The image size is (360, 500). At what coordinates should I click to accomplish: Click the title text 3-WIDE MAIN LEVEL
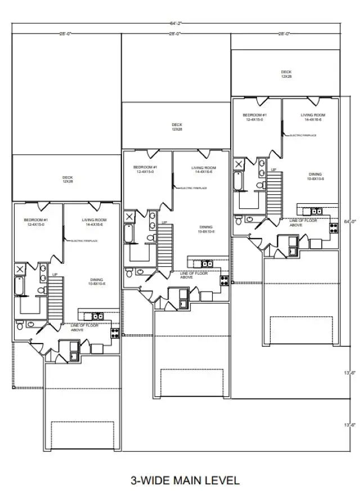pyautogui.click(x=185, y=480)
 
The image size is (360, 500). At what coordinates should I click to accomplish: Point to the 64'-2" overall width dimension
pyautogui.click(x=175, y=23)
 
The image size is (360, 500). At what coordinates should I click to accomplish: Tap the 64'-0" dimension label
pyautogui.click(x=350, y=222)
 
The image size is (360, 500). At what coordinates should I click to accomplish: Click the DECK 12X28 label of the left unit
pyautogui.click(x=67, y=179)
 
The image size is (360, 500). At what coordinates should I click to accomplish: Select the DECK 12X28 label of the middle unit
pyautogui.click(x=177, y=127)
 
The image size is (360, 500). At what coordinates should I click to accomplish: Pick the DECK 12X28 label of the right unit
pyautogui.click(x=286, y=74)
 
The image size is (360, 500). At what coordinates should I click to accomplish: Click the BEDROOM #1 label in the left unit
pyautogui.click(x=35, y=222)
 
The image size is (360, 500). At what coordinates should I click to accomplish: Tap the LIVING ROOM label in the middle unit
pyautogui.click(x=204, y=169)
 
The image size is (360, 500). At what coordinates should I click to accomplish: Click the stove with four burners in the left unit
pyautogui.click(x=115, y=332)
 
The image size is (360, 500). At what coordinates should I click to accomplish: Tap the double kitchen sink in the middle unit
pyautogui.click(x=207, y=264)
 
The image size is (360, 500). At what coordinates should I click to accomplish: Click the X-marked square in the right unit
pyautogui.click(x=240, y=164)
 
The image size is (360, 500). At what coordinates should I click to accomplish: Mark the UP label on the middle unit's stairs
pyautogui.click(x=165, y=222)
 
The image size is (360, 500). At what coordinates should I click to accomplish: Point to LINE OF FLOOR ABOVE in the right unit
pyautogui.click(x=303, y=223)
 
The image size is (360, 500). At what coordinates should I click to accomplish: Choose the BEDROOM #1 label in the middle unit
pyautogui.click(x=145, y=169)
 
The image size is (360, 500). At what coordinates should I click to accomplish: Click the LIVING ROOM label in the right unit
pyautogui.click(x=313, y=117)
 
